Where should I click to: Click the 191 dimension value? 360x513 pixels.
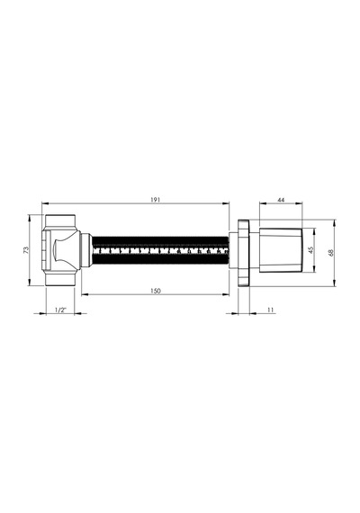pos(156,200)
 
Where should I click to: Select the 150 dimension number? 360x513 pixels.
pos(156,291)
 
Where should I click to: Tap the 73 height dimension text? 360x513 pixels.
pos(26,250)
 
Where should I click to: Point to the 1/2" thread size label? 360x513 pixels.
pos(60,310)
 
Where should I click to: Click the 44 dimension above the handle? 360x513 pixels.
pos(281,200)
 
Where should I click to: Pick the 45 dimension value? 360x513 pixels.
pos(310,249)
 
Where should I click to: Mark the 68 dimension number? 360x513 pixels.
pos(330,253)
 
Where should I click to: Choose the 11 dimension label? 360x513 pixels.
pos(271,310)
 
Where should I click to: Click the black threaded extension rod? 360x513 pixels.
pos(160,251)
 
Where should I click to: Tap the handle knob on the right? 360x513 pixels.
pos(282,250)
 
